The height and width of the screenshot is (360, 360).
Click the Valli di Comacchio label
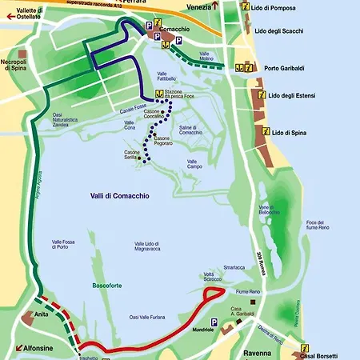[x=119, y=196]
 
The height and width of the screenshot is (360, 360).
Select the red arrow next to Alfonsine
[x=18, y=348]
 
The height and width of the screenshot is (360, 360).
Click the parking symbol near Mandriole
[x=214, y=321]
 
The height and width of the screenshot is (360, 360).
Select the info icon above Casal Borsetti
[x=305, y=347]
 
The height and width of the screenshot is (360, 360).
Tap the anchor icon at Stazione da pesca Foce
[x=159, y=94]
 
